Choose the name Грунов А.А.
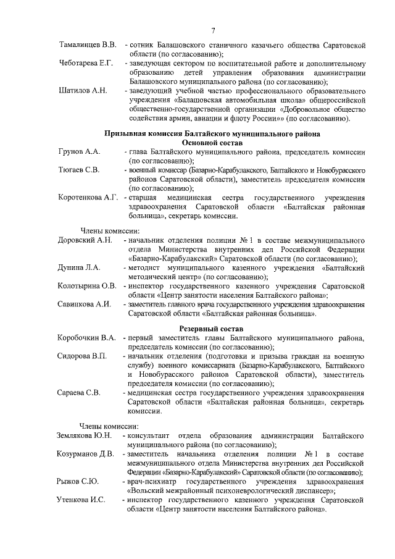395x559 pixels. point(78,151)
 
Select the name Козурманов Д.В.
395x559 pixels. point(86,454)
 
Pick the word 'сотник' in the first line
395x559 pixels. point(143,45)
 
